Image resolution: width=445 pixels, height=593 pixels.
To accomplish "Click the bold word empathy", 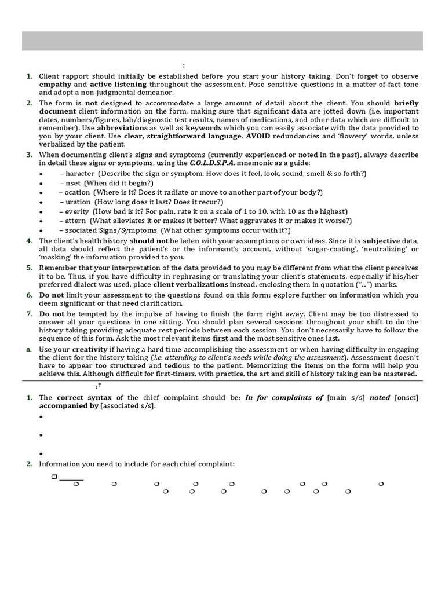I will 56,85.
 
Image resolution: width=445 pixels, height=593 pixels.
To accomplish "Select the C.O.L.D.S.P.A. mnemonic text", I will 212,164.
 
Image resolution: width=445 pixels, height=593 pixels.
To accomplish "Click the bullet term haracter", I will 81,174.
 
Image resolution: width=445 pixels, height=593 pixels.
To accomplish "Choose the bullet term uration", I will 78,202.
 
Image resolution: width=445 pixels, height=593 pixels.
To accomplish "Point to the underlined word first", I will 220,338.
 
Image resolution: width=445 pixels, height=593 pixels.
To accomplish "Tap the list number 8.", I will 28,350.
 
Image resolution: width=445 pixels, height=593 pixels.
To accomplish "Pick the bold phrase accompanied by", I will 69,406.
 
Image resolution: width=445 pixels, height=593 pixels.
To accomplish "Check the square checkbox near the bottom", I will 53,477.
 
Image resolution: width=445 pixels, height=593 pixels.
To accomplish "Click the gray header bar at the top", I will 222,41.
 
